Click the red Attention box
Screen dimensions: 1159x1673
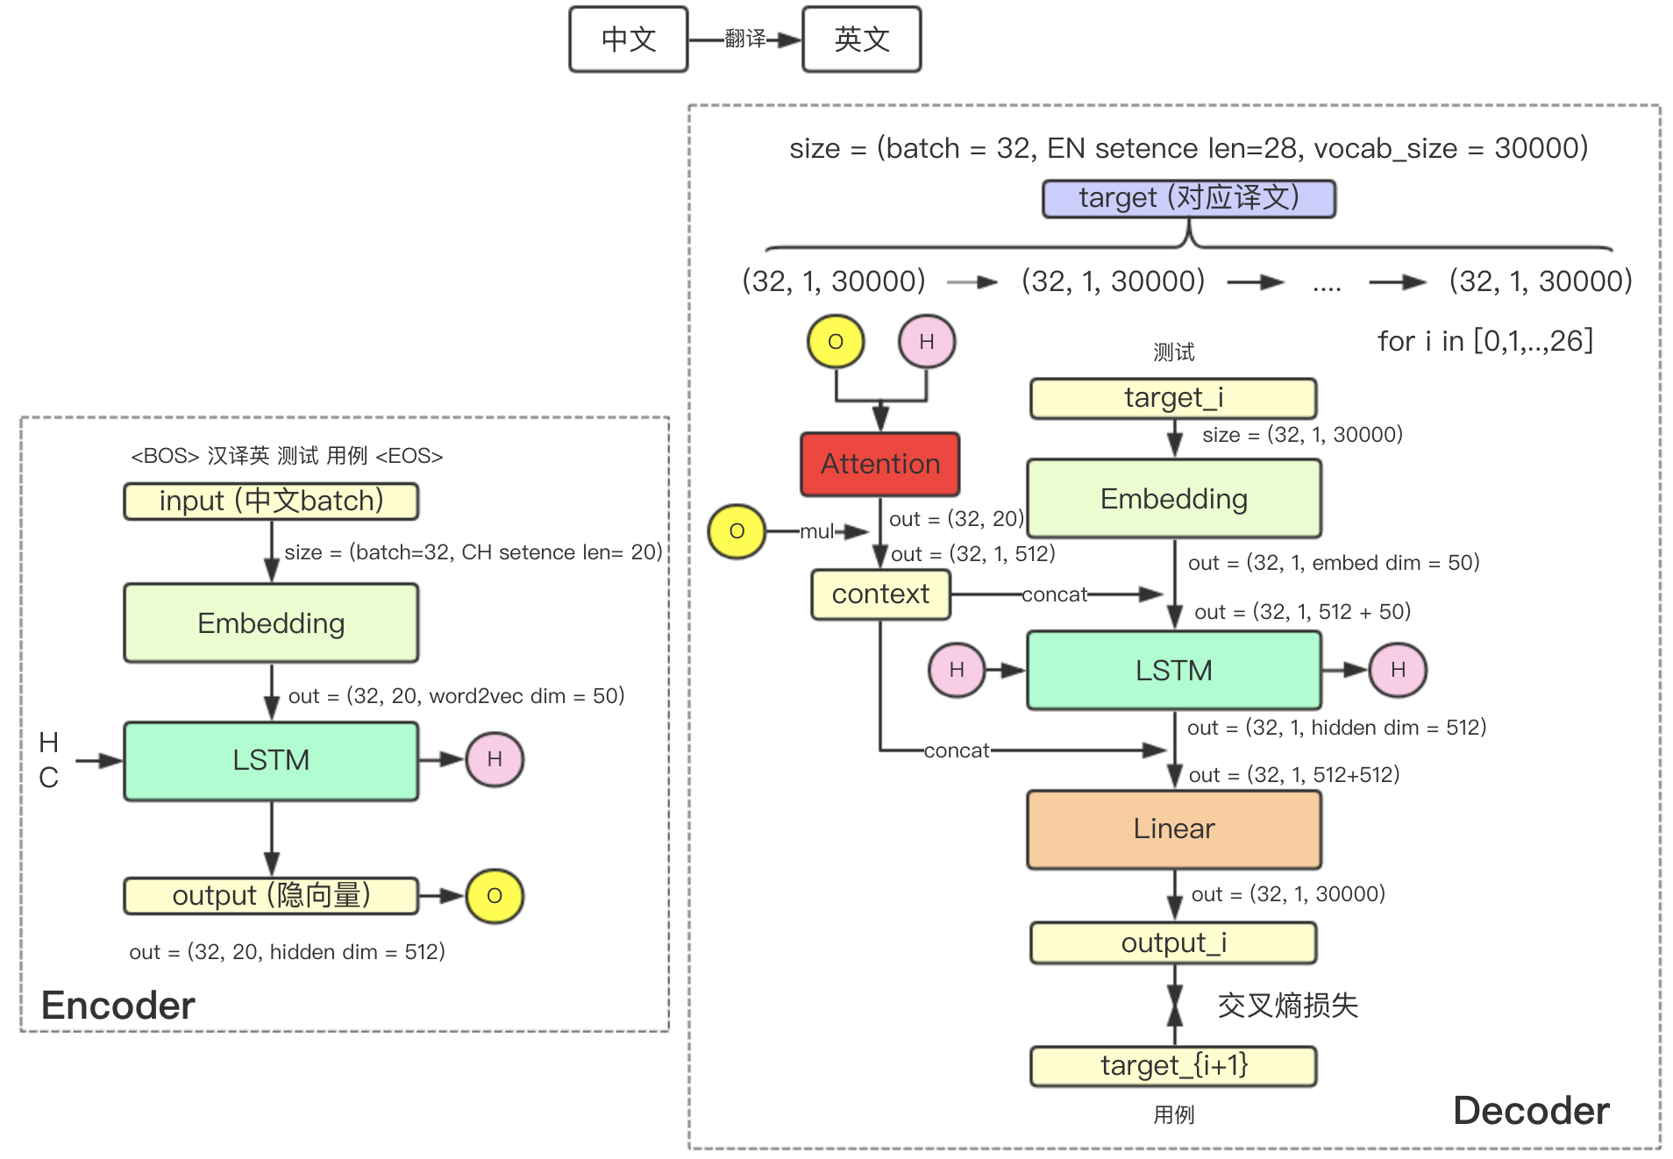879,464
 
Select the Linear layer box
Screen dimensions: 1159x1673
1173,828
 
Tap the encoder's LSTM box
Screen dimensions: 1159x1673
271,760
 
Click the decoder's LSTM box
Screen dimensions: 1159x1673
1173,671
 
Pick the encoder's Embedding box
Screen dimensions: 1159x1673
271,623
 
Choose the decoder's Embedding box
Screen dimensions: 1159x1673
1173,498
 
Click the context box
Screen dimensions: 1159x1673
880,594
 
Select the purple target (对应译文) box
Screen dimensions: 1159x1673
1188,198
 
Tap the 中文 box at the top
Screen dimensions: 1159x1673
628,39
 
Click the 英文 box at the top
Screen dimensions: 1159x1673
861,39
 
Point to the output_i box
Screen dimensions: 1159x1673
1173,943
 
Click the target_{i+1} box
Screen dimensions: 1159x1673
1173,1066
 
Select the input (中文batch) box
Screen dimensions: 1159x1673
271,501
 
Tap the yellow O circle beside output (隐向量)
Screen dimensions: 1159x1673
495,896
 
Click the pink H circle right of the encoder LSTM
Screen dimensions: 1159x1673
495,759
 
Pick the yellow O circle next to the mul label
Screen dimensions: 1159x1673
737,531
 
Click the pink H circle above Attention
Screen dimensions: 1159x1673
926,342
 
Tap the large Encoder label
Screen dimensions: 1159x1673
117,1006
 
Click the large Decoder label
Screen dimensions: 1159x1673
1530,1111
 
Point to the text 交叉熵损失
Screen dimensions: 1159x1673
1287,1006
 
